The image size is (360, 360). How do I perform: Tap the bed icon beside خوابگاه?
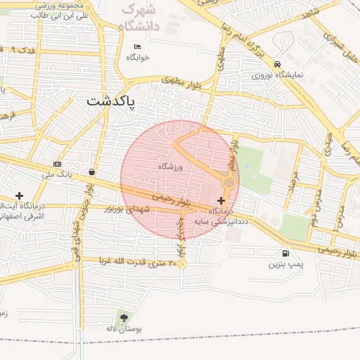tap(137, 47)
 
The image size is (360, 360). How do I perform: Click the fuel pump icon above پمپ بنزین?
tap(285, 253)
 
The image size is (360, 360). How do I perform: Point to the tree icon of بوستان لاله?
tap(124, 317)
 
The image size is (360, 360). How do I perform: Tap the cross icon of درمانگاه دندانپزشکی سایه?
tap(221, 201)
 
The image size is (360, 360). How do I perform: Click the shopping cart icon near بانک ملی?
tap(92, 172)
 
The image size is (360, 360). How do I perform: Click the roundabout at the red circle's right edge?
tap(229, 184)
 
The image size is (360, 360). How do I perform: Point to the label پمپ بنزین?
tap(285, 265)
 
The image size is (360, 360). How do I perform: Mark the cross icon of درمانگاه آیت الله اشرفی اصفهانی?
tap(19, 195)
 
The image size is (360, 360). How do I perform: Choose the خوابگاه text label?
tap(137, 58)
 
